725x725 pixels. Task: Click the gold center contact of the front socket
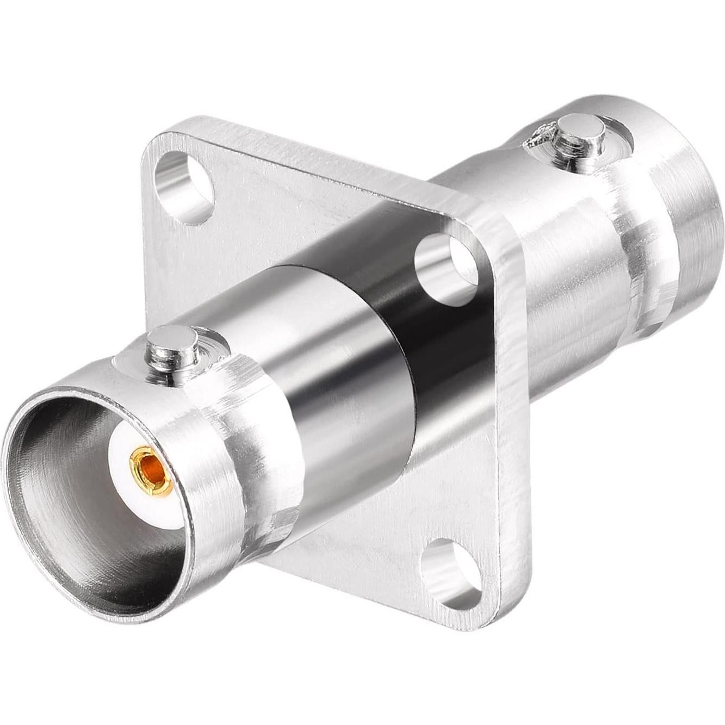[x=152, y=471]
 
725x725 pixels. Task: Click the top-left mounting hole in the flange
[x=183, y=188]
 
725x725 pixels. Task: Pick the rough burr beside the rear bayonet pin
[x=538, y=139]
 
